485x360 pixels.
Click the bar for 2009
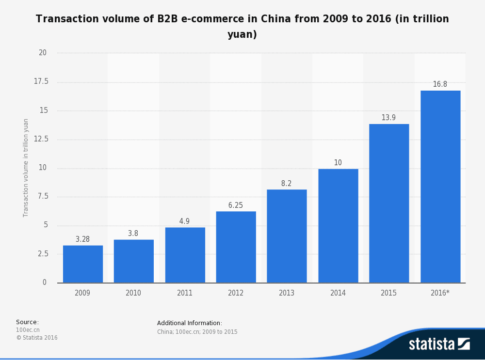point(83,264)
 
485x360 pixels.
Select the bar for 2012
point(236,247)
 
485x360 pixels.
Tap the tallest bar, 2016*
point(440,187)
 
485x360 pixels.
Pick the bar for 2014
point(338,226)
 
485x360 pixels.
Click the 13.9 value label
point(388,118)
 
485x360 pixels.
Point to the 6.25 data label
point(236,205)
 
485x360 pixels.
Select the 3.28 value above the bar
point(82,239)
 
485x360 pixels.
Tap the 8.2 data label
point(287,184)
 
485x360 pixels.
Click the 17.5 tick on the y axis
point(41,81)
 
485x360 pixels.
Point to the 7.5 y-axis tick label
point(43,196)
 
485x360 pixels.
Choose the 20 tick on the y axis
point(43,53)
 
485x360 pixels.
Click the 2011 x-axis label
point(185,293)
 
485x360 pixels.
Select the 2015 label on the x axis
point(388,293)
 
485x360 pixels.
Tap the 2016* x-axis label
point(440,293)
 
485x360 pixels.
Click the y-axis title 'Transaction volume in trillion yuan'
point(26,168)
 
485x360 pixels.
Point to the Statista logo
point(439,344)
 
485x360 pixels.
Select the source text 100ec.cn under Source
point(28,330)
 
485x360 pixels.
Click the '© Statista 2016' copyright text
point(37,338)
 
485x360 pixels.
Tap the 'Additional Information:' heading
point(190,323)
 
